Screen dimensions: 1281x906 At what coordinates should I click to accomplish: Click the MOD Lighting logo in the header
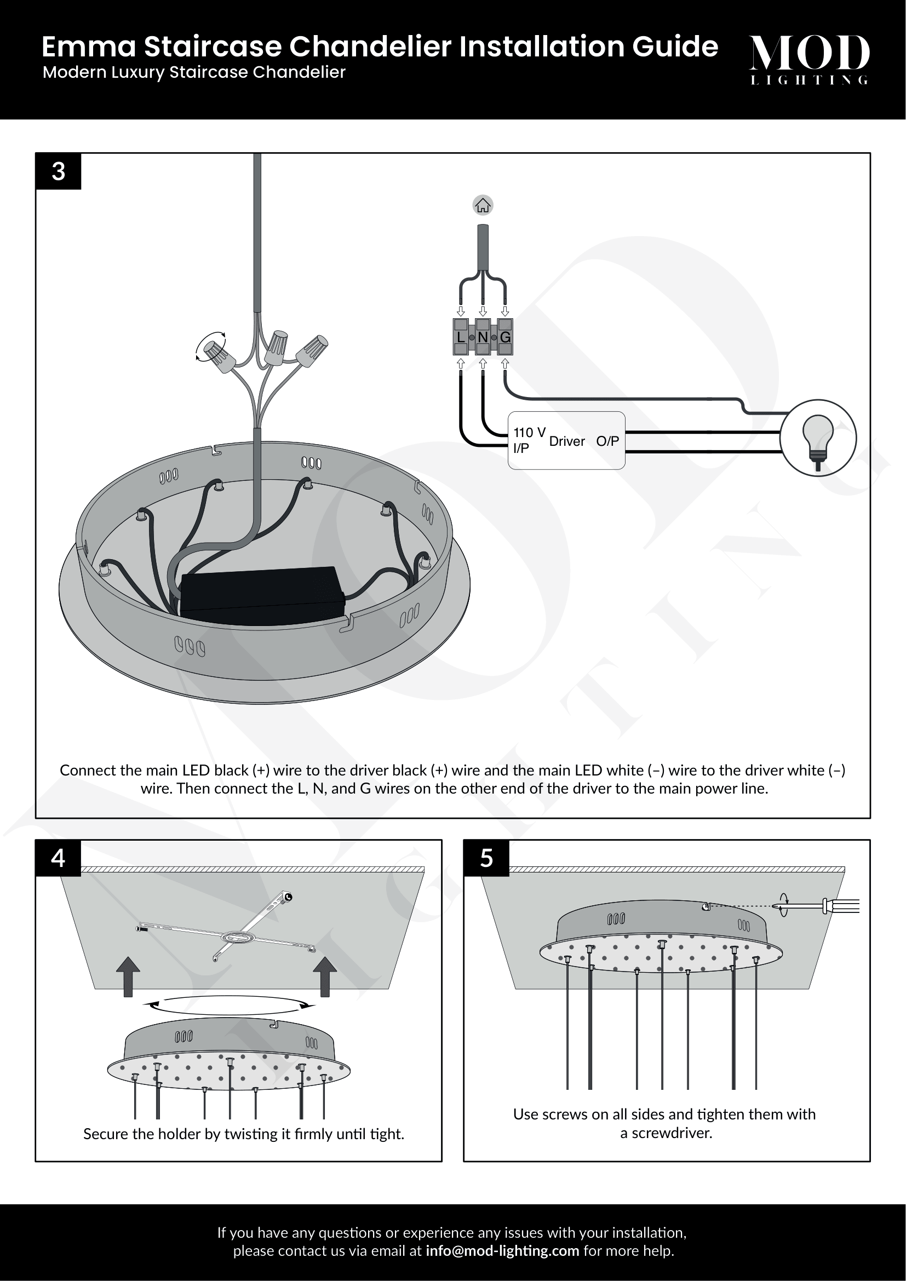point(809,59)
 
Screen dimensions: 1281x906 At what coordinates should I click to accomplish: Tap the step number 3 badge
point(59,171)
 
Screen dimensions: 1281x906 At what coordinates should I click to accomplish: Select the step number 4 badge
point(59,858)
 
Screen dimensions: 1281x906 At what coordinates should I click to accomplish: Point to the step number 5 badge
point(486,858)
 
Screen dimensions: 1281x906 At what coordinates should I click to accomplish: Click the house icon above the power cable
point(483,205)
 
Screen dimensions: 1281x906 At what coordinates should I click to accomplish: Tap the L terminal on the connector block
point(461,337)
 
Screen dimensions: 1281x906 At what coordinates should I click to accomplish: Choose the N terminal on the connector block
point(483,337)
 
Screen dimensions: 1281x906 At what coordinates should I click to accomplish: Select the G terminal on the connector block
point(505,337)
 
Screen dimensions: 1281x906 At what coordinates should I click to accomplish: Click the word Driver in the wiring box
point(567,441)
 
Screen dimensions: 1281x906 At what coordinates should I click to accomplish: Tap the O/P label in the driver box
point(607,441)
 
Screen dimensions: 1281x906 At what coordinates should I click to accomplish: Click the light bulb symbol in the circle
point(818,438)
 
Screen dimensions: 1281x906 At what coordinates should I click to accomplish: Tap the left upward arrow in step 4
point(128,976)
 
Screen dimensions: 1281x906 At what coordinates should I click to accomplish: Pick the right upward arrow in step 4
point(325,976)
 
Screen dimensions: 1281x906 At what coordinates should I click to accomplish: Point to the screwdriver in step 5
point(820,906)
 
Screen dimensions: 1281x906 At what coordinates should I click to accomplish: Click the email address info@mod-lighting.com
point(502,1251)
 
